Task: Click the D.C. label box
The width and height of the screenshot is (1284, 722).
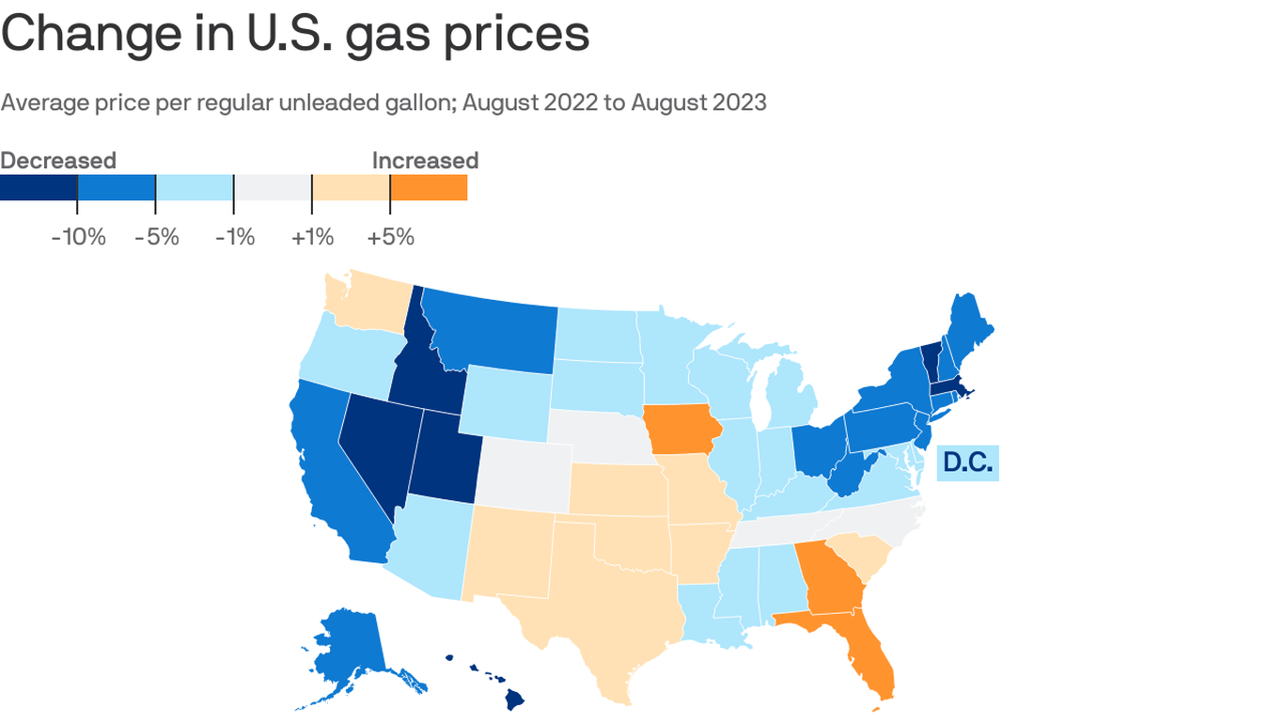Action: [x=967, y=463]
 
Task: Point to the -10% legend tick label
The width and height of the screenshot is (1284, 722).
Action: [x=78, y=236]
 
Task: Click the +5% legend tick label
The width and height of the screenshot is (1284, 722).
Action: [x=391, y=236]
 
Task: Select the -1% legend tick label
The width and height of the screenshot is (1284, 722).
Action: [x=234, y=236]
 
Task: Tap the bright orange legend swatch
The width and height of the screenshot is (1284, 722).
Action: [x=429, y=187]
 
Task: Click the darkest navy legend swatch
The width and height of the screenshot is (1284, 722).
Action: [x=39, y=187]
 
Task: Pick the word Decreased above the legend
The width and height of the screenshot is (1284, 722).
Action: [x=58, y=161]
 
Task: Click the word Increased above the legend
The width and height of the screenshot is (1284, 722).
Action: [x=425, y=161]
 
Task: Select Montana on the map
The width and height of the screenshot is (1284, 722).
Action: [x=489, y=324]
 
